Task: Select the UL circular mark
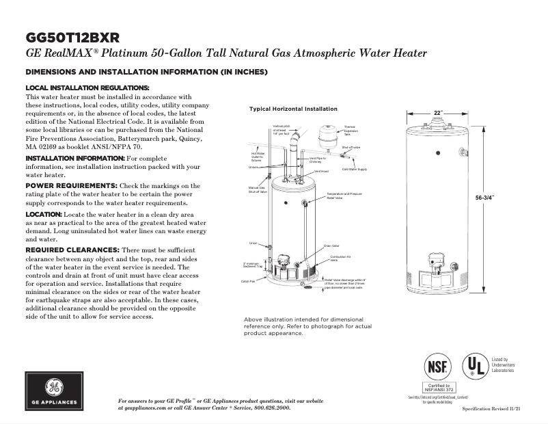(x=474, y=367)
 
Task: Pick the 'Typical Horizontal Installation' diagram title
(x=293, y=109)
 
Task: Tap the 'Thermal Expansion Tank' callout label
(x=349, y=131)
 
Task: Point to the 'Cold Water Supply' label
(x=354, y=168)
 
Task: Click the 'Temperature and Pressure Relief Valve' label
(x=344, y=196)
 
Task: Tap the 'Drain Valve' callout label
(x=331, y=246)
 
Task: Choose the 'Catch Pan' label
(x=248, y=281)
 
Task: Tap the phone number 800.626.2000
(x=268, y=408)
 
